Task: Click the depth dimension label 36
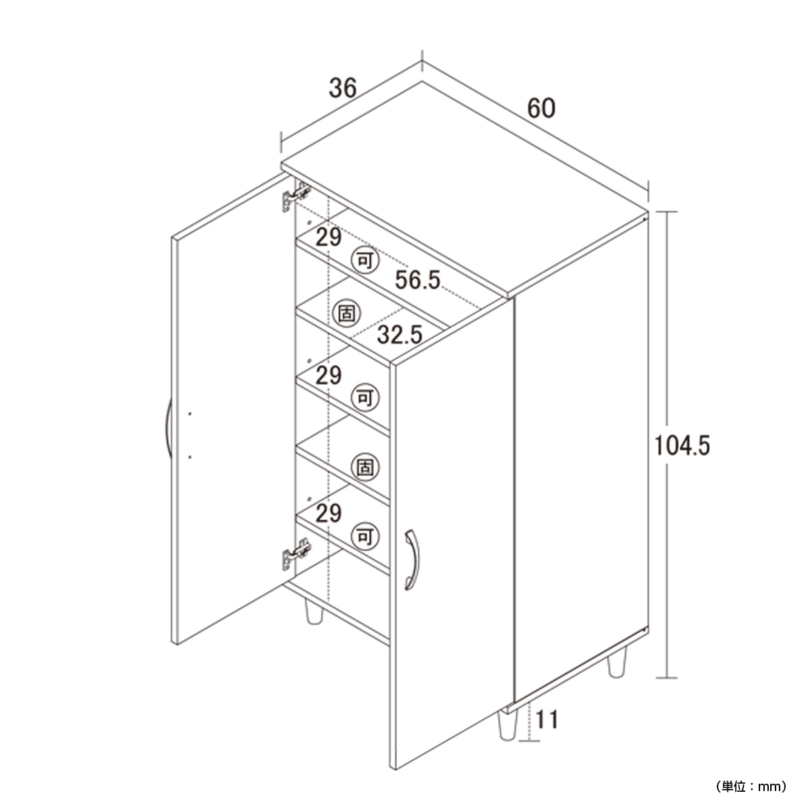pyautogui.click(x=343, y=88)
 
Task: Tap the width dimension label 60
pyautogui.click(x=541, y=109)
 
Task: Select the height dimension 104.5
pyautogui.click(x=682, y=446)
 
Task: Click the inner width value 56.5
pyautogui.click(x=417, y=279)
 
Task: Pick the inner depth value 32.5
pyautogui.click(x=400, y=334)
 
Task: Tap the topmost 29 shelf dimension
pyautogui.click(x=328, y=237)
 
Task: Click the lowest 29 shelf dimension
pyautogui.click(x=328, y=513)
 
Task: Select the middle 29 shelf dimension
pyautogui.click(x=328, y=375)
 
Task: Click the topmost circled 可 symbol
pyautogui.click(x=365, y=261)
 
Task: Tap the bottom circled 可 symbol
pyautogui.click(x=365, y=536)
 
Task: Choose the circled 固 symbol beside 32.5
pyautogui.click(x=346, y=313)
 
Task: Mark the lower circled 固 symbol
pyautogui.click(x=365, y=467)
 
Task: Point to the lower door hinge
pyautogui.click(x=296, y=555)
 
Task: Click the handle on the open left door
pyautogui.click(x=168, y=429)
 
